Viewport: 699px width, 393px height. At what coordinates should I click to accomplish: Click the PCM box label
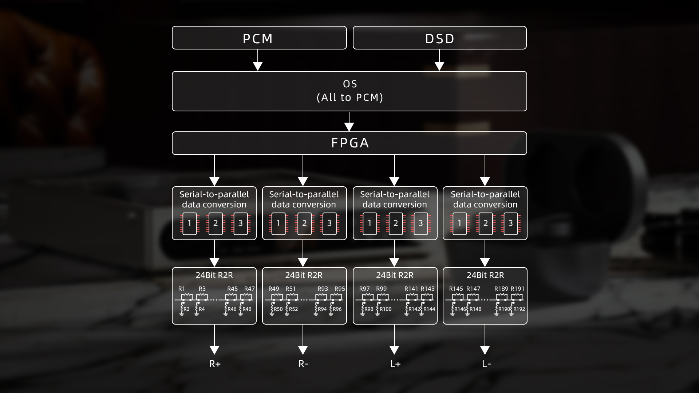click(x=258, y=39)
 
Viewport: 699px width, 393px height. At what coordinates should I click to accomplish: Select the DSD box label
click(x=440, y=39)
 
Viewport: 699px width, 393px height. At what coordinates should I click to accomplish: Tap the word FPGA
click(x=350, y=143)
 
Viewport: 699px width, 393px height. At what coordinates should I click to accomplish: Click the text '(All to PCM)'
click(x=350, y=98)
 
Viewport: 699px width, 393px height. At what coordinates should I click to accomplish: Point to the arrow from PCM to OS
click(x=258, y=60)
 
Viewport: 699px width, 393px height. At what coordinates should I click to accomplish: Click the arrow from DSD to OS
click(x=439, y=60)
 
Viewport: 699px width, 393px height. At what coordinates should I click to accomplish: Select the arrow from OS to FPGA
click(x=349, y=121)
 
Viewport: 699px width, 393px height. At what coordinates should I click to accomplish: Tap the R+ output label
click(x=215, y=364)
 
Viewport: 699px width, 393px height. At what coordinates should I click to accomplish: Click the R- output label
click(x=303, y=364)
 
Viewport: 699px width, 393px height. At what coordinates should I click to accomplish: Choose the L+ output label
click(x=395, y=364)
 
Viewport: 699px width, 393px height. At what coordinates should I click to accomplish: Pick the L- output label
click(x=486, y=364)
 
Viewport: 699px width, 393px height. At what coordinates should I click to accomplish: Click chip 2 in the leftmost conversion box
click(x=216, y=223)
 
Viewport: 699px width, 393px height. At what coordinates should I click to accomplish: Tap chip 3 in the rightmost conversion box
click(x=510, y=223)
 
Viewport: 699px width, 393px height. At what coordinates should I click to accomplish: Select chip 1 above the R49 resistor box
click(x=279, y=223)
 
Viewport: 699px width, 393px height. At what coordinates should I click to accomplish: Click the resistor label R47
click(x=249, y=289)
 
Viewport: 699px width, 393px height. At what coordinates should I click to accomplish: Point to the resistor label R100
click(x=386, y=309)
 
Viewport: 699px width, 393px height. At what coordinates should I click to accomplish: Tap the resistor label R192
click(x=519, y=309)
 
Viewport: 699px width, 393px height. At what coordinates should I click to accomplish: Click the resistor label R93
click(x=323, y=289)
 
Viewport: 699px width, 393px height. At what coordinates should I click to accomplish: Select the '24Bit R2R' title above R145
click(x=485, y=275)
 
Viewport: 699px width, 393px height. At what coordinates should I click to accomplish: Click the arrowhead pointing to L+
click(x=394, y=350)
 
